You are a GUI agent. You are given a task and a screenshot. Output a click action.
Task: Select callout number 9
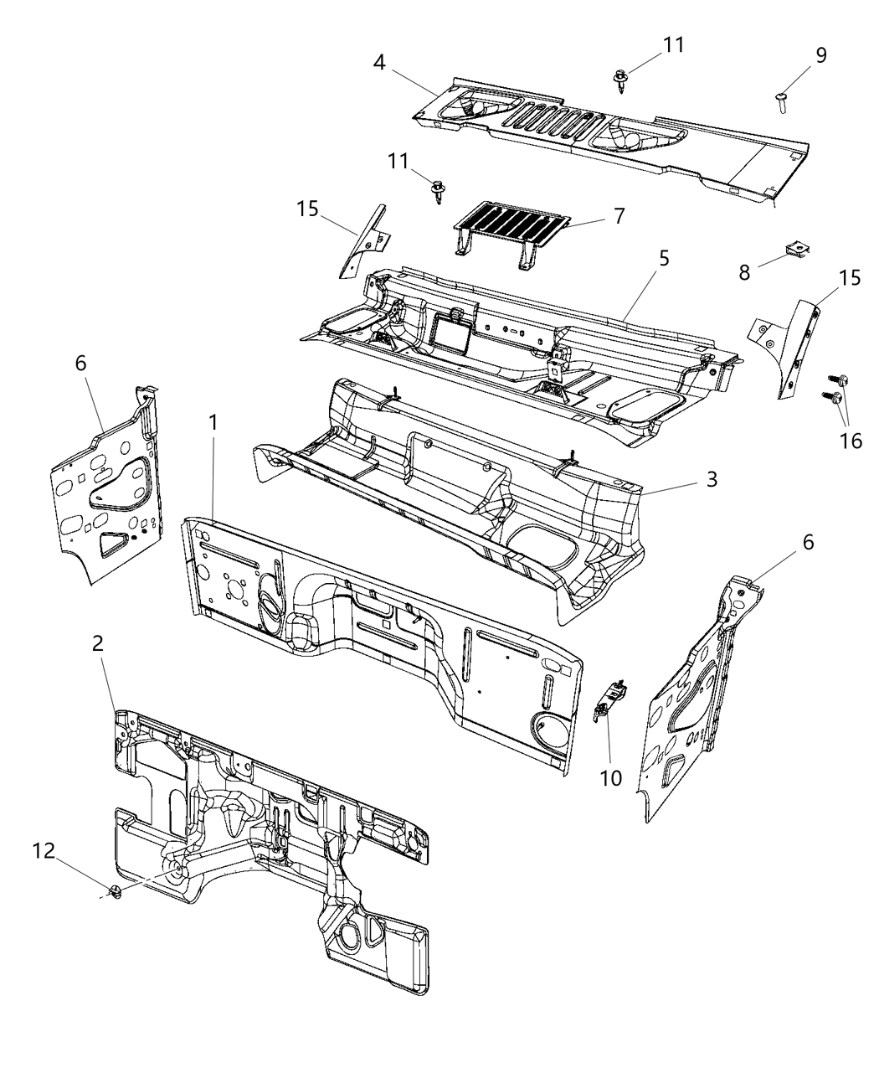pyautogui.click(x=820, y=55)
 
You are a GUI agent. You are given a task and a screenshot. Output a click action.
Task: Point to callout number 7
pyautogui.click(x=618, y=215)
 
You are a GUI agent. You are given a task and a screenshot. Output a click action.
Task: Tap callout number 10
pyautogui.click(x=610, y=777)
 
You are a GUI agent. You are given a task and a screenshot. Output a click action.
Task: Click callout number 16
pyautogui.click(x=851, y=441)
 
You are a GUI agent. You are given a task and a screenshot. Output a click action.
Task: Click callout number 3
pyautogui.click(x=711, y=479)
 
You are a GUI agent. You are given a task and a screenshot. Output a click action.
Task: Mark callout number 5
pyautogui.click(x=663, y=260)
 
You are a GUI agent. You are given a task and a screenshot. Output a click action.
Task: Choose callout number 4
pyautogui.click(x=379, y=63)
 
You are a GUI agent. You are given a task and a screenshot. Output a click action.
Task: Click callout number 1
pyautogui.click(x=213, y=422)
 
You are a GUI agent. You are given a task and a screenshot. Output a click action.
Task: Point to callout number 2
pyautogui.click(x=97, y=643)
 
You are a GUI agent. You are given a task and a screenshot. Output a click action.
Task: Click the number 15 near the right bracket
pyautogui.click(x=849, y=279)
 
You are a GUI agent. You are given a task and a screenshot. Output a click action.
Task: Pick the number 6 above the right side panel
pyautogui.click(x=807, y=542)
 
